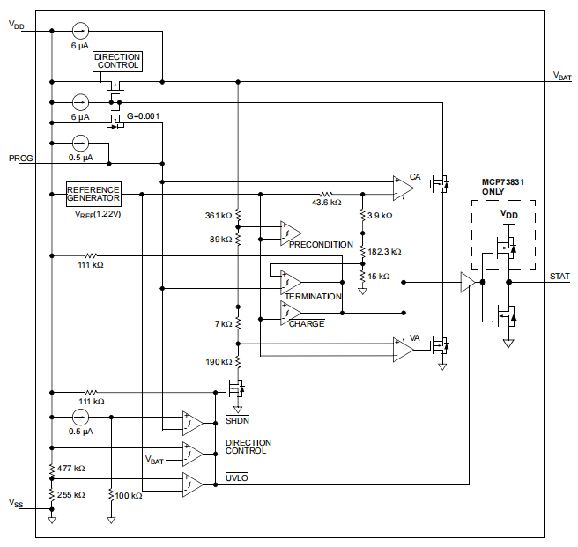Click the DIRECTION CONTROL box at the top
tap(117, 62)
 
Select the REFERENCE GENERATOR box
tap(93, 194)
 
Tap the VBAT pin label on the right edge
tap(561, 76)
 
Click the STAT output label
tap(559, 277)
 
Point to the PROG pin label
tap(20, 159)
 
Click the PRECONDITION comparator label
tap(321, 245)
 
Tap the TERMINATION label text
tap(313, 297)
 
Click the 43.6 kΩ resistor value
tap(326, 203)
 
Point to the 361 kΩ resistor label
tap(218, 216)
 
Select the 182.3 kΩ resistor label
tap(384, 252)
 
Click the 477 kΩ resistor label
tap(70, 469)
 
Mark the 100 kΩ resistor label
tap(129, 495)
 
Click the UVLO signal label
tap(236, 477)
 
